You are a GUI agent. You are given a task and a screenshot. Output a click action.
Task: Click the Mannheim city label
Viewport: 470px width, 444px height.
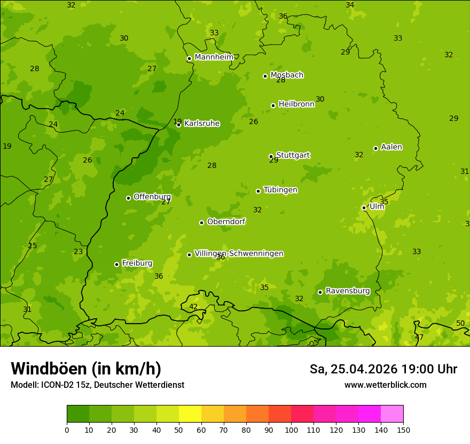pyautogui.click(x=214, y=57)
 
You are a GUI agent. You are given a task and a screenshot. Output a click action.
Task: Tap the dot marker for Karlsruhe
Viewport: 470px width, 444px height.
pyautogui.click(x=179, y=125)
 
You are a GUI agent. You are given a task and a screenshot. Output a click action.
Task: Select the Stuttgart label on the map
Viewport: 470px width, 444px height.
pyautogui.click(x=293, y=155)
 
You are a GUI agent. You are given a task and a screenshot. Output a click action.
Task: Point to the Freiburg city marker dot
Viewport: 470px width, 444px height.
pyautogui.click(x=116, y=264)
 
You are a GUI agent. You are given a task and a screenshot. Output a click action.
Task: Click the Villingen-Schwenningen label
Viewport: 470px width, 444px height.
pyautogui.click(x=239, y=254)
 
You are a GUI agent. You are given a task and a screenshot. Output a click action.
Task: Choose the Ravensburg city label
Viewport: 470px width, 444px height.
pyautogui.click(x=348, y=291)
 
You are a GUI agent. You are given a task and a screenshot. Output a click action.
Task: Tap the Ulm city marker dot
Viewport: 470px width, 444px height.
pyautogui.click(x=364, y=208)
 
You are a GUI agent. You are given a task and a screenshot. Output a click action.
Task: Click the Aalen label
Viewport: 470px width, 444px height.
pyautogui.click(x=391, y=147)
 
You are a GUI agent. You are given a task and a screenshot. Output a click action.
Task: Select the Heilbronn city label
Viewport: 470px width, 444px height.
pyautogui.click(x=296, y=104)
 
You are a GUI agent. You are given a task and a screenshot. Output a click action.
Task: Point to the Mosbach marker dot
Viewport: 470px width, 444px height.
pyautogui.click(x=265, y=76)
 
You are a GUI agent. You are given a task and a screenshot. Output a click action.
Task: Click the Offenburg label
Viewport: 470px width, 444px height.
pyautogui.click(x=152, y=197)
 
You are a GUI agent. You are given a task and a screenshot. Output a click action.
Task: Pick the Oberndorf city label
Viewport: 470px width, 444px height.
pyautogui.click(x=226, y=221)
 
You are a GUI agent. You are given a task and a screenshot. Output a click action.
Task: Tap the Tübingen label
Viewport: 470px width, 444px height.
pyautogui.click(x=280, y=190)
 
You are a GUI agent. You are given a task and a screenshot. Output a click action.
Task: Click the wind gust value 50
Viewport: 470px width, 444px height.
pyautogui.click(x=460, y=324)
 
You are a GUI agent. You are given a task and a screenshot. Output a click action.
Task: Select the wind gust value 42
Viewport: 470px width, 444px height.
pyautogui.click(x=193, y=307)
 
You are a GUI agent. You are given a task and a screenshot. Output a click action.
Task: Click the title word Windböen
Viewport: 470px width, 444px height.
pyautogui.click(x=48, y=369)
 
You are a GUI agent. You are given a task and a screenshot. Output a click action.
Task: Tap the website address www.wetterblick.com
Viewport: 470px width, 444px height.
pyautogui.click(x=385, y=385)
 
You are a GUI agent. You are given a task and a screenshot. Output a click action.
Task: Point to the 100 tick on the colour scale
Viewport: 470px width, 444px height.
pyautogui.click(x=291, y=430)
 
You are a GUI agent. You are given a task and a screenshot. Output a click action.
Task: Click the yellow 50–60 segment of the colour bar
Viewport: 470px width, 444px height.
pyautogui.click(x=190, y=414)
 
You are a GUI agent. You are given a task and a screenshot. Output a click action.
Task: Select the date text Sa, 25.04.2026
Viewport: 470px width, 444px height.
pyautogui.click(x=354, y=369)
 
